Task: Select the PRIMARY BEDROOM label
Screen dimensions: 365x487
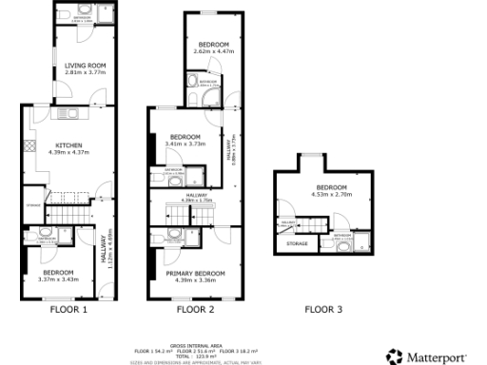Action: pos(195,273)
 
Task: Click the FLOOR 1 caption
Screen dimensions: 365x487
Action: pos(68,309)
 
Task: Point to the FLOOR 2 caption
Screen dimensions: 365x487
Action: pos(195,309)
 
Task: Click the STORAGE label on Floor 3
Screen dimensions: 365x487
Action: pos(297,244)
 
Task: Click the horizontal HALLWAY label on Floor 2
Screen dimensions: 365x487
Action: pos(195,195)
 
